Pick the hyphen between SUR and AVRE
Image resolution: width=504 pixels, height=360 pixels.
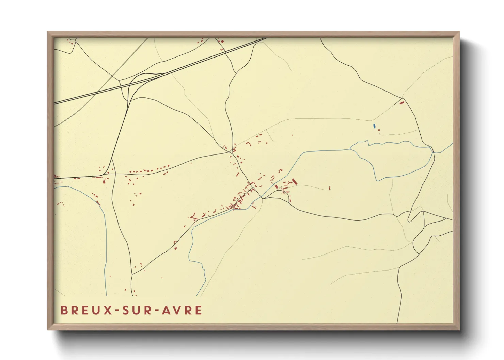point(157,310)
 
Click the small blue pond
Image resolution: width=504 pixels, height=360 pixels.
point(374,126)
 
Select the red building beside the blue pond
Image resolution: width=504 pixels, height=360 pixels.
point(379,130)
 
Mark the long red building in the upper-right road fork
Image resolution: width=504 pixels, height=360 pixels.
point(401,102)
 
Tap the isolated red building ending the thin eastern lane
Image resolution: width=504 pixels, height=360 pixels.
point(330,187)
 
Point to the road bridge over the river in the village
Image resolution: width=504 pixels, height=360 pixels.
point(263,198)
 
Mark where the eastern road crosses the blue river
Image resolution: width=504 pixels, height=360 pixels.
point(432,149)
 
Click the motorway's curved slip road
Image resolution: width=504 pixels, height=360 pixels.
point(131,85)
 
